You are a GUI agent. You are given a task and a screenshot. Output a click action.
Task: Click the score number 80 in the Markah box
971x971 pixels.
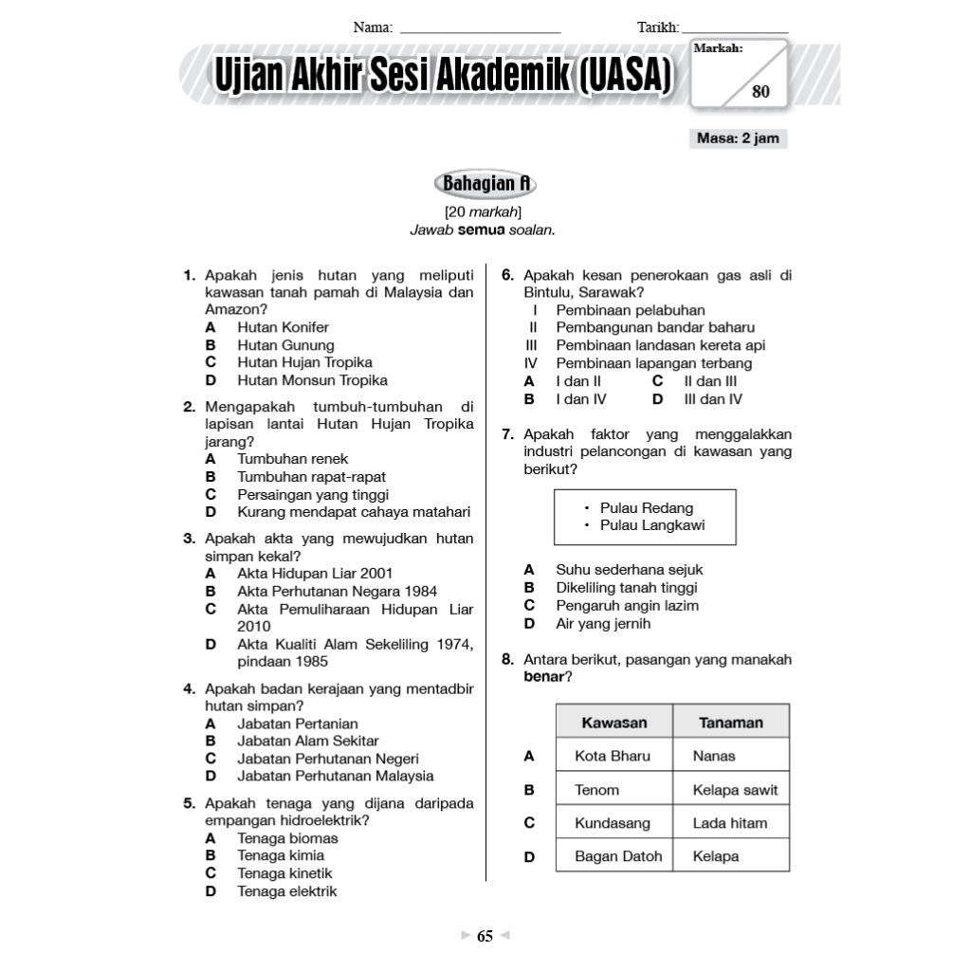coord(760,92)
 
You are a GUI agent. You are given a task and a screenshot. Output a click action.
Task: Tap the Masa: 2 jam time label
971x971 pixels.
coord(738,138)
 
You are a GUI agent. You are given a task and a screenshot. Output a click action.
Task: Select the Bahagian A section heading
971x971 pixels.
coord(485,183)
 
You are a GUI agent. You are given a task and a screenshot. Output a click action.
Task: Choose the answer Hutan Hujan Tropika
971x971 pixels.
coord(304,362)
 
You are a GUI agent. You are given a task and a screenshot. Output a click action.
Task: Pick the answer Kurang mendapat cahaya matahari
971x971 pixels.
coord(354,512)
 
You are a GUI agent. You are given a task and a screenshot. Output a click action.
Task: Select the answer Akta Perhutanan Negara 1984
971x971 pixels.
coord(337,591)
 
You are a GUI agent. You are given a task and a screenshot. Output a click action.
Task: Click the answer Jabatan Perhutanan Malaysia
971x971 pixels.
coord(335,776)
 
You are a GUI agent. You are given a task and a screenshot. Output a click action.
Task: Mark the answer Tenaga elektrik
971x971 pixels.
coord(286,891)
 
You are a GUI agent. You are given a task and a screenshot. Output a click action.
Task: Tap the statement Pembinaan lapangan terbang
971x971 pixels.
coord(653,363)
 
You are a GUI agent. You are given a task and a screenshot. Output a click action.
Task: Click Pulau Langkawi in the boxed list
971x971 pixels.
coord(652,525)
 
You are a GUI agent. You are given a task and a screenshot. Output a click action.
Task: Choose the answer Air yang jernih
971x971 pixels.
coord(603,624)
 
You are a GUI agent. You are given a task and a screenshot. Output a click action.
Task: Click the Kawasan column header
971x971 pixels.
coord(614,723)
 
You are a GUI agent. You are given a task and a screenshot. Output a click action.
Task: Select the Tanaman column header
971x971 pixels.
coord(730,723)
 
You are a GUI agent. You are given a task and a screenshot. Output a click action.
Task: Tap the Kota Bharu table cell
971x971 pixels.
coord(613,756)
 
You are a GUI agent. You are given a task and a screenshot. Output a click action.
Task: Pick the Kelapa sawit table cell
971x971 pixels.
coord(735,790)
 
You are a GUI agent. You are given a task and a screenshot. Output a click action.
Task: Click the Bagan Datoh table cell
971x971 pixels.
coord(618,856)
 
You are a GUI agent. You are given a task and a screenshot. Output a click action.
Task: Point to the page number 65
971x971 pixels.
coord(485,937)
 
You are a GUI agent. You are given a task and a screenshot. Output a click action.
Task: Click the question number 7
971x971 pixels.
coord(507,434)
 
